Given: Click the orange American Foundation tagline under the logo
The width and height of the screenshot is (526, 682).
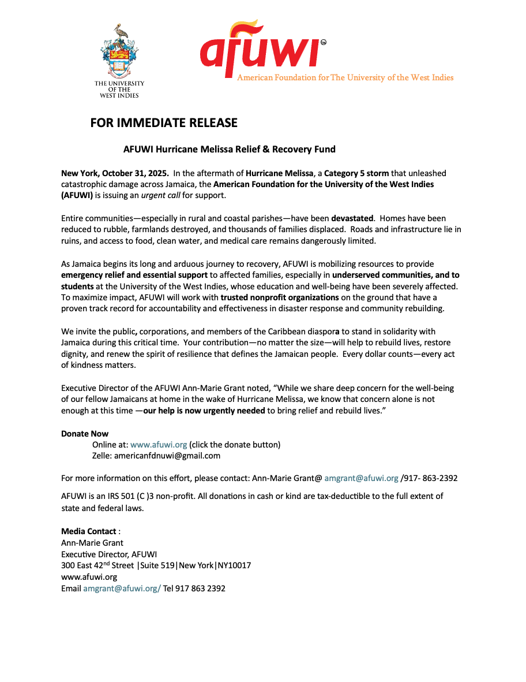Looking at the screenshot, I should click(x=345, y=78).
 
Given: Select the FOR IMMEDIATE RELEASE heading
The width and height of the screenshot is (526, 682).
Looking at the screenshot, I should click(x=164, y=123).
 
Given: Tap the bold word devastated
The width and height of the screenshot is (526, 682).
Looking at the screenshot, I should click(x=352, y=219).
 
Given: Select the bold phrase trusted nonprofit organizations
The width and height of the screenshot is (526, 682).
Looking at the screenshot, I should click(x=280, y=297).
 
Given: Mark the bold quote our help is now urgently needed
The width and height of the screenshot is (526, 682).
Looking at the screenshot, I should click(x=204, y=411).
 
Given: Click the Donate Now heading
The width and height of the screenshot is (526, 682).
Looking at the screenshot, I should click(x=85, y=434).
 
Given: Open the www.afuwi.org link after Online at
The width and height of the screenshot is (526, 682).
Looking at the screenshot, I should click(x=159, y=445).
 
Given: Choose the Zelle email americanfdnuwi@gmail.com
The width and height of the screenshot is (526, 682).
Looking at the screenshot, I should click(x=167, y=456).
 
